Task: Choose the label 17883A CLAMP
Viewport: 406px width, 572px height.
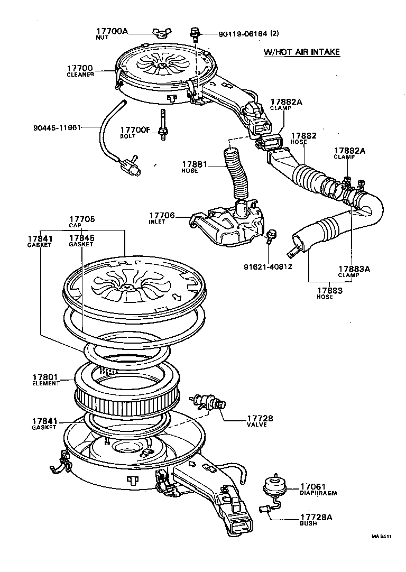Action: pyautogui.click(x=353, y=271)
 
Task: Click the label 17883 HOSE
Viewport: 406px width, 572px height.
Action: pyautogui.click(x=329, y=293)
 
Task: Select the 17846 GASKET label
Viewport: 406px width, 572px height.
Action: pyautogui.click(x=81, y=241)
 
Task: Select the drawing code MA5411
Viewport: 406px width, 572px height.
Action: pyautogui.click(x=381, y=536)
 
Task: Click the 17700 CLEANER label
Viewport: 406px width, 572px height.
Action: pyautogui.click(x=80, y=71)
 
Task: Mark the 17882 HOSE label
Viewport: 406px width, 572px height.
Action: pyautogui.click(x=303, y=139)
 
